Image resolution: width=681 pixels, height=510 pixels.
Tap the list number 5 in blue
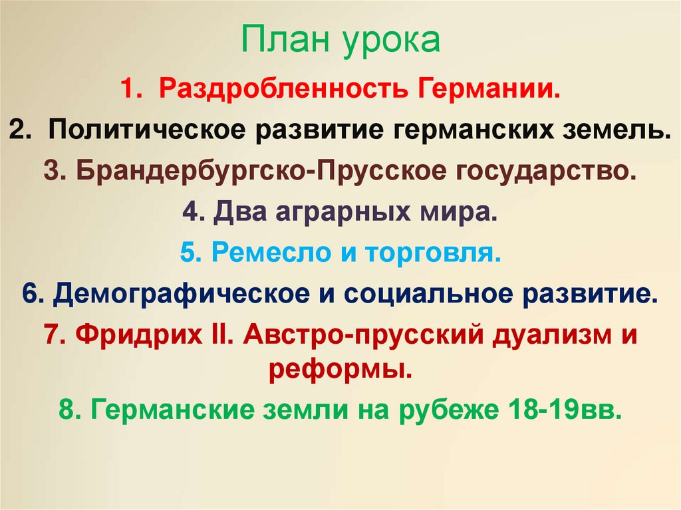click(x=186, y=253)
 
